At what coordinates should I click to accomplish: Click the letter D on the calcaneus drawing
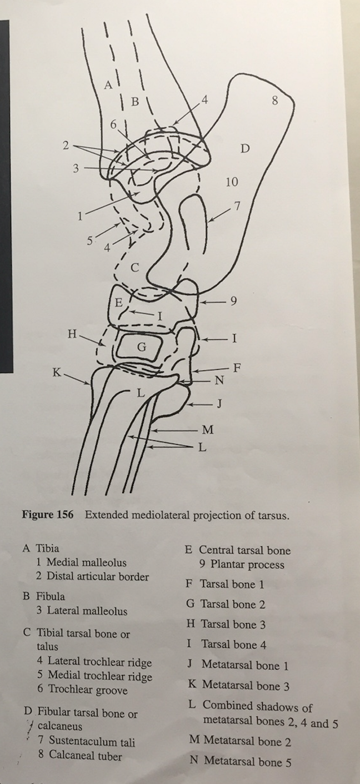click(245, 149)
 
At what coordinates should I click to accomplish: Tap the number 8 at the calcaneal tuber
click(274, 100)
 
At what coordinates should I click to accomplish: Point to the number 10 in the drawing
click(232, 182)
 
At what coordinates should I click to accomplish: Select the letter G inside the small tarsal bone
click(142, 348)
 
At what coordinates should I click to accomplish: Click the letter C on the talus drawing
click(134, 268)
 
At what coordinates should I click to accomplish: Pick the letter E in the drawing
click(118, 303)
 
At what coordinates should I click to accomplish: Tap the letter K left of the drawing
click(57, 373)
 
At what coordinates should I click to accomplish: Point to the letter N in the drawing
click(219, 381)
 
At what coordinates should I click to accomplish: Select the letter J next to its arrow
click(219, 404)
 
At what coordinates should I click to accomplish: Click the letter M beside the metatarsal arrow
click(208, 430)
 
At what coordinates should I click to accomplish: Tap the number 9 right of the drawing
click(233, 301)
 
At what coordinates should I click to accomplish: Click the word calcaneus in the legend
click(59, 726)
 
